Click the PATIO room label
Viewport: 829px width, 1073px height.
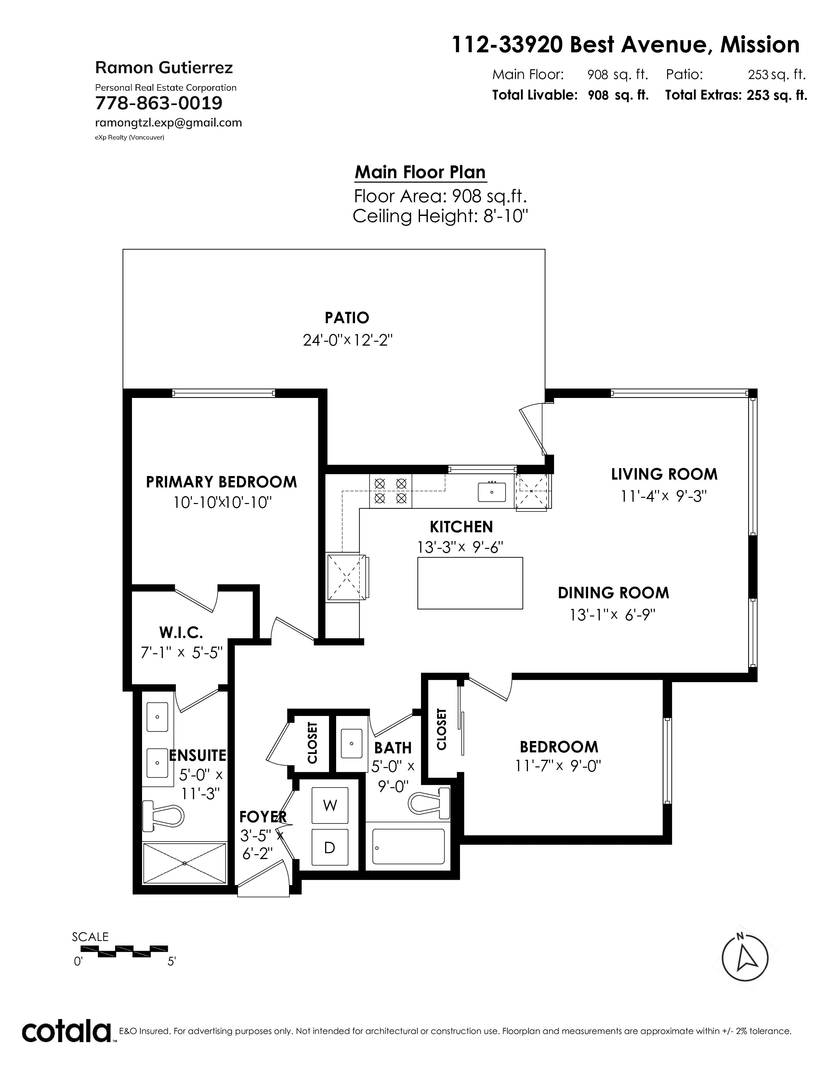(347, 318)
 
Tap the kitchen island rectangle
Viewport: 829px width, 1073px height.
(470, 583)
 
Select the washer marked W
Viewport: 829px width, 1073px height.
(330, 805)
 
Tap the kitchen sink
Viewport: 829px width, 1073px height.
(492, 491)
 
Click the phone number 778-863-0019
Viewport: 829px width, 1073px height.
(159, 103)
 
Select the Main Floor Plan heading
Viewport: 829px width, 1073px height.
(420, 172)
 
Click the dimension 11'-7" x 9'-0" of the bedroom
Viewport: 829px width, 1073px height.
(559, 766)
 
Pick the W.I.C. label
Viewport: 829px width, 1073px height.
(181, 631)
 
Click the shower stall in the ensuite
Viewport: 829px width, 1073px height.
(185, 863)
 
